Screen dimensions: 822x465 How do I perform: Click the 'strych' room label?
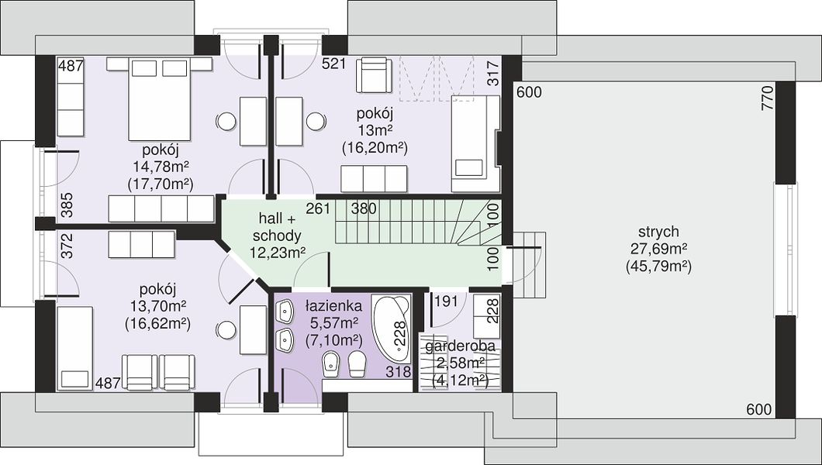pyautogui.click(x=658, y=232)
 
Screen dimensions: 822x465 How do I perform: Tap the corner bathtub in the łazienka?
pyautogui.click(x=391, y=329)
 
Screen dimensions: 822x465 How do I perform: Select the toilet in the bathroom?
pyautogui.click(x=357, y=363)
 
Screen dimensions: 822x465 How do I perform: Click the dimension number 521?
pyautogui.click(x=334, y=64)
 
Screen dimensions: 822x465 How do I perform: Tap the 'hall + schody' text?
pyautogui.click(x=276, y=227)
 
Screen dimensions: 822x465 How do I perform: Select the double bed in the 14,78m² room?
pyautogui.click(x=160, y=99)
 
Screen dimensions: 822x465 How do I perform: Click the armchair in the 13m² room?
pyautogui.click(x=374, y=75)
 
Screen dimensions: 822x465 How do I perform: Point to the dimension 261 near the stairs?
pyautogui.click(x=318, y=208)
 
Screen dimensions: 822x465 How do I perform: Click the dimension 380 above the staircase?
pyautogui.click(x=364, y=208)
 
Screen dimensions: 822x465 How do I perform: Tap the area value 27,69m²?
pyautogui.click(x=658, y=249)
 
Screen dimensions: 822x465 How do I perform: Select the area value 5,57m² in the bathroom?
pyautogui.click(x=333, y=322)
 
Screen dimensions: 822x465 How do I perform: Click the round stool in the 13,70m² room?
pyautogui.click(x=226, y=330)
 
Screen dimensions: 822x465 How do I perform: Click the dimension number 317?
pyautogui.click(x=493, y=74)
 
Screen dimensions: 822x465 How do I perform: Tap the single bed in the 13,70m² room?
pyautogui.click(x=74, y=348)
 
